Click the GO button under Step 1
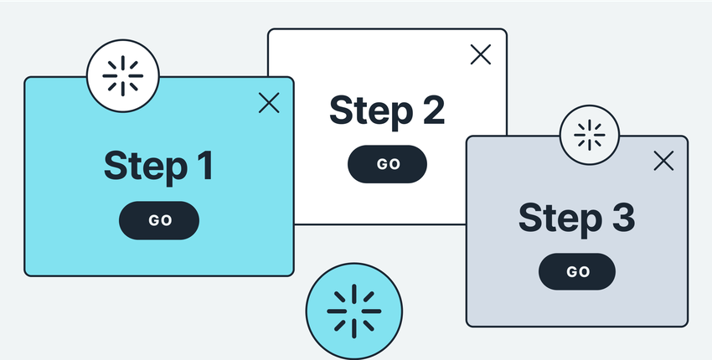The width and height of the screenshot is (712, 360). (x=159, y=221)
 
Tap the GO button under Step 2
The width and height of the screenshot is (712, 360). (x=387, y=164)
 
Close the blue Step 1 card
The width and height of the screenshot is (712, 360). (x=269, y=103)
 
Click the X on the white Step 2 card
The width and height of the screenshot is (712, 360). (x=481, y=54)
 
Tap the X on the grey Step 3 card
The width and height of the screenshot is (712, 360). (x=664, y=161)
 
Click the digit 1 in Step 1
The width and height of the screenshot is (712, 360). (x=206, y=166)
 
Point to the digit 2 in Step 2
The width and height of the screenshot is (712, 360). (x=434, y=110)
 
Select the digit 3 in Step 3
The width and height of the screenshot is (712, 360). (x=623, y=218)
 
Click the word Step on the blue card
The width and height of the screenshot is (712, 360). (x=146, y=168)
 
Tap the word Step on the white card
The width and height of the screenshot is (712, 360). (x=371, y=112)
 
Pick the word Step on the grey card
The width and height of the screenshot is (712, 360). (x=560, y=220)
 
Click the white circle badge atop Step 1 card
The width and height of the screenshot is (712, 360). (x=122, y=76)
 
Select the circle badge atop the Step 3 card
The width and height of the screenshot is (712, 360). (x=590, y=135)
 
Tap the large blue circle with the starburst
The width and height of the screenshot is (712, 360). (x=354, y=311)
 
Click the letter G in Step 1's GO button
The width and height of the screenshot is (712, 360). (x=153, y=221)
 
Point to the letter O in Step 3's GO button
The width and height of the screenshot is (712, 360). (x=584, y=272)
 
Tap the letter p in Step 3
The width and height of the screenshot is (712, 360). (x=591, y=224)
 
